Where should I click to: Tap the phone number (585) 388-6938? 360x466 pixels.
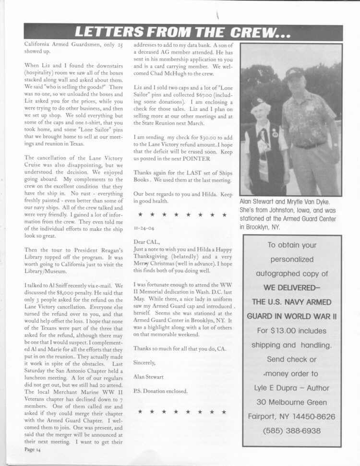tap(291, 430)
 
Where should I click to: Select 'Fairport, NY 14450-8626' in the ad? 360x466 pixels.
tap(291, 417)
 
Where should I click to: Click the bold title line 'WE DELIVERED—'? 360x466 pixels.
tap(291, 288)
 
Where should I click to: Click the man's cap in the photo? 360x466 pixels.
tap(295, 73)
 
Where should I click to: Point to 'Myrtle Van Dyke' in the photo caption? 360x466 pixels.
tap(306, 202)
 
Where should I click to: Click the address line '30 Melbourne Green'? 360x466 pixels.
tap(291, 402)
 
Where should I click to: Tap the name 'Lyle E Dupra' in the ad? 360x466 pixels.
tap(277, 388)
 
